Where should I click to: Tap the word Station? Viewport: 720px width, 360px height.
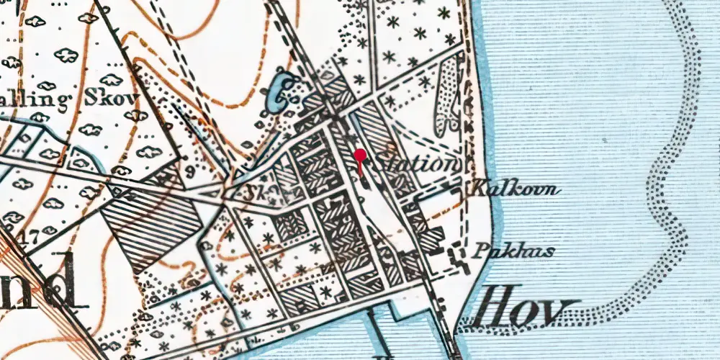pyautogui.click(x=417, y=163)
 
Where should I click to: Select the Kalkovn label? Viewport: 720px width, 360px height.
pyautogui.click(x=515, y=190)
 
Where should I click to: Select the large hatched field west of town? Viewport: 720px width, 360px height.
pyautogui.click(x=151, y=224)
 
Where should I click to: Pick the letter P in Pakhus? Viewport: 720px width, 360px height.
pyautogui.click(x=480, y=252)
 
